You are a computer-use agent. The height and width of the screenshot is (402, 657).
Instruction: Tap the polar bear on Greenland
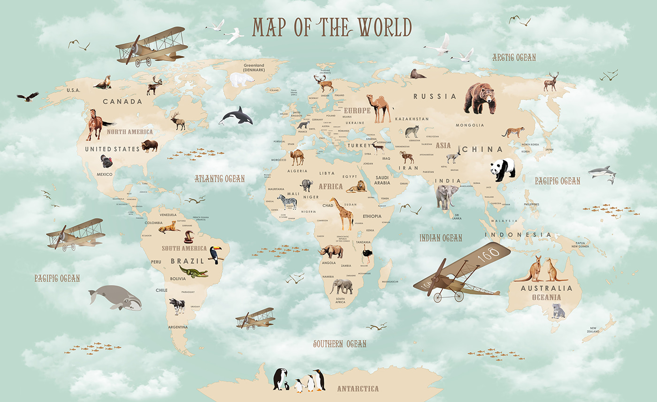click(x=242, y=80)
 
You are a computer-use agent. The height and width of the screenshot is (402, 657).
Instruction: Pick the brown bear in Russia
click(x=479, y=98)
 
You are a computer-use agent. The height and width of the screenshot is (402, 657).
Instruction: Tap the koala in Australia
click(x=558, y=311)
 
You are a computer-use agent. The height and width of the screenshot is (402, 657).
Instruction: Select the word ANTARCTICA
click(x=358, y=389)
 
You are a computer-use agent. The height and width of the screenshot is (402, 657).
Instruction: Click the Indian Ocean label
click(x=440, y=238)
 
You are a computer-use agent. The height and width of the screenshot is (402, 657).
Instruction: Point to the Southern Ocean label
click(x=339, y=344)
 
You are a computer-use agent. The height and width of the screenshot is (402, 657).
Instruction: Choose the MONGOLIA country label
click(x=470, y=125)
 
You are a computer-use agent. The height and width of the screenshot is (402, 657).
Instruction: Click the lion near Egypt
click(x=358, y=187)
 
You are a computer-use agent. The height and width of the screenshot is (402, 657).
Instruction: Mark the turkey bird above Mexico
click(x=107, y=161)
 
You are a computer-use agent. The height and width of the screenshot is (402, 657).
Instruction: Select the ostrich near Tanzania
click(x=366, y=256)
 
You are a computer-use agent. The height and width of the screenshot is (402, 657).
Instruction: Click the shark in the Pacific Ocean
click(x=603, y=173)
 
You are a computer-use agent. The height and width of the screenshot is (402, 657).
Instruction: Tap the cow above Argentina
click(x=177, y=306)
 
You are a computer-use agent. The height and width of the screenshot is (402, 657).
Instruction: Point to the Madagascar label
click(x=390, y=282)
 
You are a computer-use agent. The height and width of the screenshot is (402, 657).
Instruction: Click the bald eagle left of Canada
click(x=28, y=97)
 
